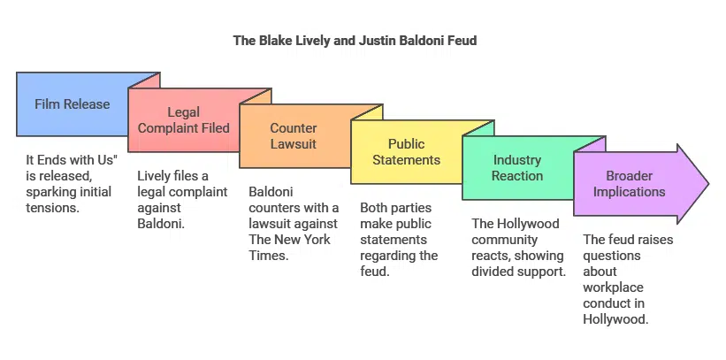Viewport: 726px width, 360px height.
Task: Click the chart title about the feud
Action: pos(355,41)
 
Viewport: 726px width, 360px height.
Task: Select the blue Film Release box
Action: pos(73,104)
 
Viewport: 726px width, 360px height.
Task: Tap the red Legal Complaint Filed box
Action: pos(184,120)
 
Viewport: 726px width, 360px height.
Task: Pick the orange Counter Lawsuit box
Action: pos(294,135)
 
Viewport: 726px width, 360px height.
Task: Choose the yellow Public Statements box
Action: pos(406,151)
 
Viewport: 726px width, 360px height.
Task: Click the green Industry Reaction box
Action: pos(517,167)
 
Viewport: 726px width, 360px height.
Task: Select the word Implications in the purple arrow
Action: pos(630,191)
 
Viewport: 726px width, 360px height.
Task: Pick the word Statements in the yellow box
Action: pos(406,160)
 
